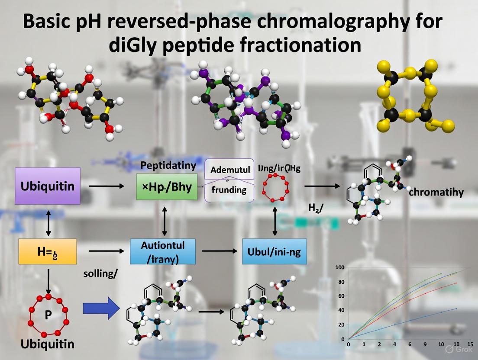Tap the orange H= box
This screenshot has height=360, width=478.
point(48,251)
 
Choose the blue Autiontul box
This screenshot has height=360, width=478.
point(163,251)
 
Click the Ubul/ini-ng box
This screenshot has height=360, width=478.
point(274,251)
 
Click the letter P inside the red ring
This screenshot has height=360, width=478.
point(48,315)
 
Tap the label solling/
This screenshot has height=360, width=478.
point(100,274)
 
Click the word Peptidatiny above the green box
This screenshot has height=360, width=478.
point(168,165)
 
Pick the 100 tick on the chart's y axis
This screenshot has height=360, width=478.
point(340,267)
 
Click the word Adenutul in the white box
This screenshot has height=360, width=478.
point(230,170)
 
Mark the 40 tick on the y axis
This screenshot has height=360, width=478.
point(341,310)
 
